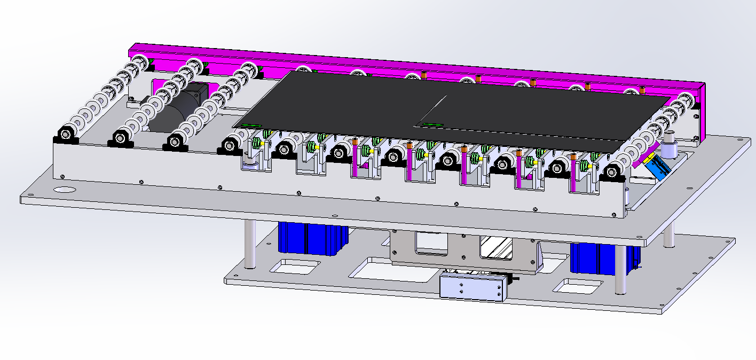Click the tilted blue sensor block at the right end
tap(657, 167)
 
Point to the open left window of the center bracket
tap(431, 243)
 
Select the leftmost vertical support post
tap(249, 244)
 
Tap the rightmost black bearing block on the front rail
tap(612, 174)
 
